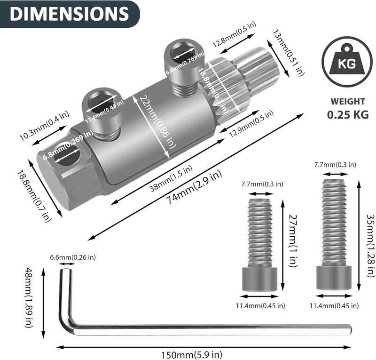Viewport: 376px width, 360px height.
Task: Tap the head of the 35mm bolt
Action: click(x=334, y=278)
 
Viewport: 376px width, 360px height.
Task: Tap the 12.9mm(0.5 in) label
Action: click(x=251, y=125)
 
